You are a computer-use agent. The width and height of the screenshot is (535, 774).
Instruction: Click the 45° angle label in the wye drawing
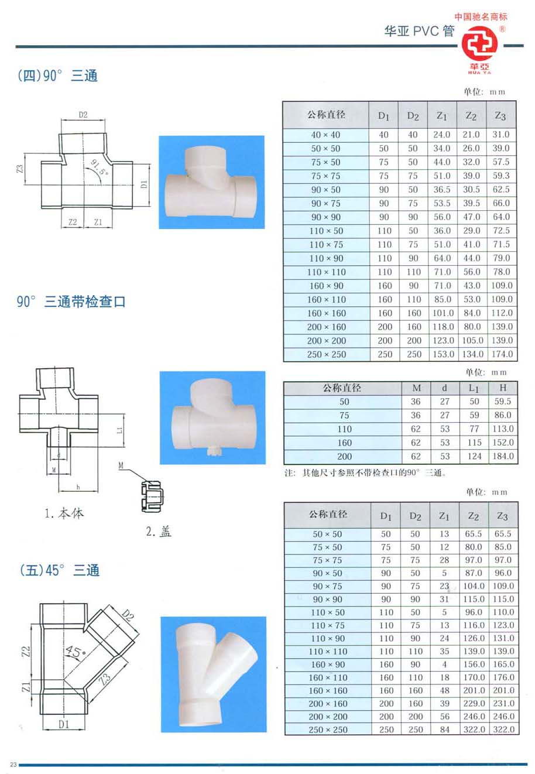76,652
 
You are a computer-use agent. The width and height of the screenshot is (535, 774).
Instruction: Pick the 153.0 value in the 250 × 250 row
443,354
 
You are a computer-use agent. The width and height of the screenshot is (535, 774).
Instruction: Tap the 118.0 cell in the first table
443,327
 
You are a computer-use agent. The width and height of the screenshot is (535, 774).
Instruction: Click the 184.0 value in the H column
503,456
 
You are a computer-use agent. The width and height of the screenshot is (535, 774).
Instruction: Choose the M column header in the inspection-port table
416,388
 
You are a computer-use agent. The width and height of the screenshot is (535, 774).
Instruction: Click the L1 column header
474,388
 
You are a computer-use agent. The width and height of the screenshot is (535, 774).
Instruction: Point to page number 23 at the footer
14,764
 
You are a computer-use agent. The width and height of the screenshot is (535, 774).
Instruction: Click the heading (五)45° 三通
59,570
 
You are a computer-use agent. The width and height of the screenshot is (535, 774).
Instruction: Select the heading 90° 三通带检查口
71,302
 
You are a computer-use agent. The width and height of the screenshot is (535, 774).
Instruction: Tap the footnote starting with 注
365,473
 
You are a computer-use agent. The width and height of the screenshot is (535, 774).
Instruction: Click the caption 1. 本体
64,513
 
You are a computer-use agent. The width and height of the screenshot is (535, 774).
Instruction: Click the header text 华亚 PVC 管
419,31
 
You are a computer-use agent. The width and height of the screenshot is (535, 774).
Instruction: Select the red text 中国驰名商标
481,17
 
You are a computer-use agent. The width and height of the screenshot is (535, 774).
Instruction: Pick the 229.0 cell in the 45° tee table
474,703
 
